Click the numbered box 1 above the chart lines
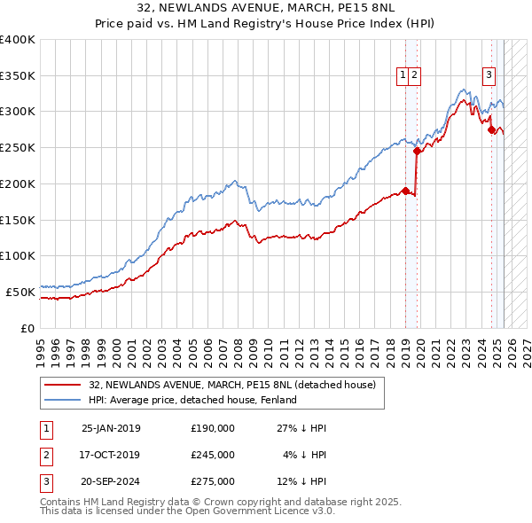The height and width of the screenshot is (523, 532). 403,75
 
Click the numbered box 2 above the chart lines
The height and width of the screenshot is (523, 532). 414,75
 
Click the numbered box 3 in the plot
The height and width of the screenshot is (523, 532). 489,75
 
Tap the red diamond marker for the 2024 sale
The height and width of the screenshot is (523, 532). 491,129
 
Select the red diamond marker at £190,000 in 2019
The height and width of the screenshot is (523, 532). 405,191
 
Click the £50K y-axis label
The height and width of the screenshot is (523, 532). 20,292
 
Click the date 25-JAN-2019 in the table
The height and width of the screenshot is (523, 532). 111,428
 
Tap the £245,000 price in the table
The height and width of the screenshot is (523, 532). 213,455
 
